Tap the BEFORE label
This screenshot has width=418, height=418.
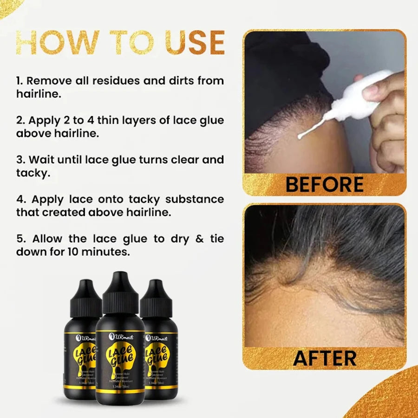click(x=324, y=184)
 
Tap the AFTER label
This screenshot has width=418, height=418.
click(x=324, y=358)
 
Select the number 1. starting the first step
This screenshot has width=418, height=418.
click(x=20, y=81)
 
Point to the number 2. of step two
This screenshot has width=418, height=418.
click(x=20, y=120)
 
